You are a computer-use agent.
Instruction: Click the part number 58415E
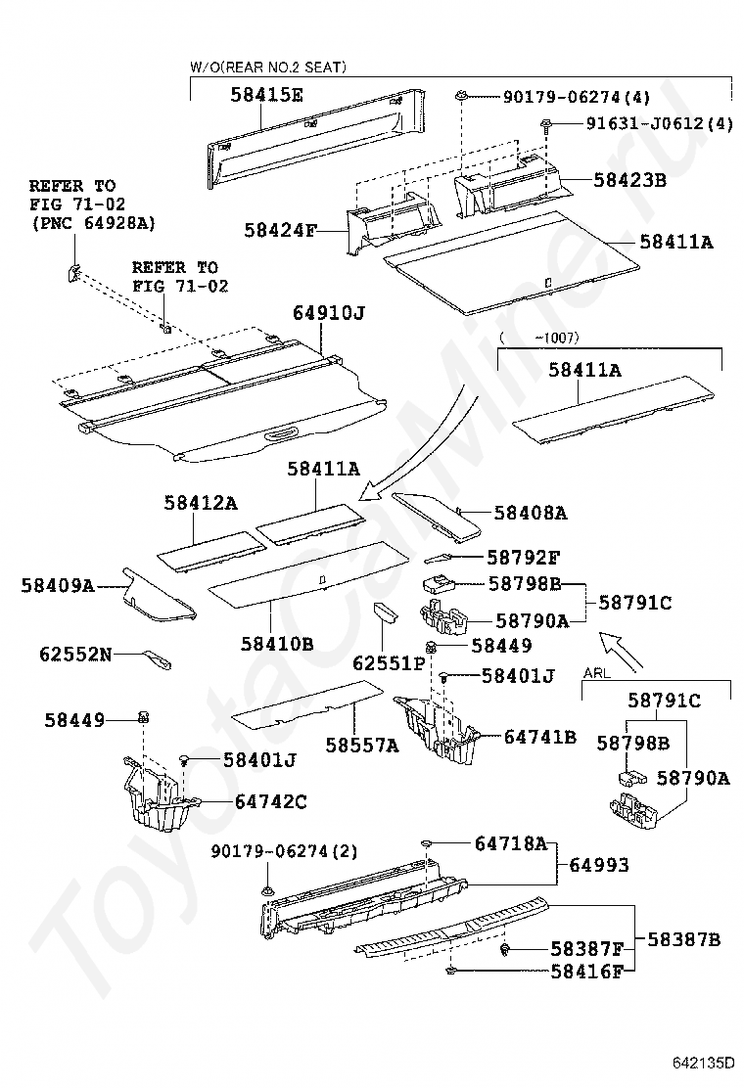pyautogui.click(x=267, y=95)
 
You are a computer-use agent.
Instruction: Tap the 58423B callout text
pyautogui.click(x=629, y=180)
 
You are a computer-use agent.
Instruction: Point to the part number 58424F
pyautogui.click(x=281, y=231)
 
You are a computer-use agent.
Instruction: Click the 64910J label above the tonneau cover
pyautogui.click(x=328, y=313)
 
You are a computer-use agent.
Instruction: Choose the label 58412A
pyautogui.click(x=201, y=502)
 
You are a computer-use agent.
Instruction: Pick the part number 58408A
pyautogui.click(x=531, y=512)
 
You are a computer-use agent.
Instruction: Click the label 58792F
pyautogui.click(x=524, y=558)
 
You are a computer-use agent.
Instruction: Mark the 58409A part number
pyautogui.click(x=58, y=585)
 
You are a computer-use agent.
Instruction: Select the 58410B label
pyautogui.click(x=277, y=644)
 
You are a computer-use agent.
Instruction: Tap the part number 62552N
pyautogui.click(x=76, y=654)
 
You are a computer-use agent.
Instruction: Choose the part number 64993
pyautogui.click(x=599, y=865)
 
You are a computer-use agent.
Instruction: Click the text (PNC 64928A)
pyautogui.click(x=92, y=224)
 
